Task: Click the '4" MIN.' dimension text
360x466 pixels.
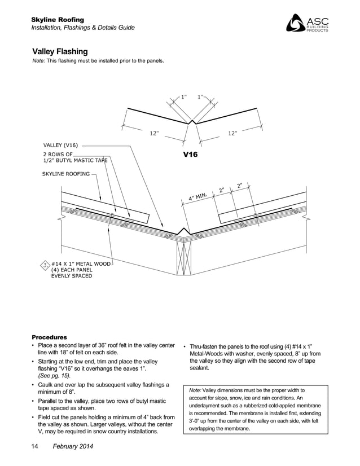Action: click(198, 197)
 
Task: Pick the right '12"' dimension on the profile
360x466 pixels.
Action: click(232, 133)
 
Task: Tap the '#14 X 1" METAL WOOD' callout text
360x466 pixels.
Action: click(81, 263)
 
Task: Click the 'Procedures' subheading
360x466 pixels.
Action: click(49, 337)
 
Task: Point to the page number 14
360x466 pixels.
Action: click(34, 447)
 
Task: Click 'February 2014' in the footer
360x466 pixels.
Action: click(73, 447)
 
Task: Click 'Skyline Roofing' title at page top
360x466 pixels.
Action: click(58, 20)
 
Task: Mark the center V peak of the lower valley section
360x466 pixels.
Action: click(182, 230)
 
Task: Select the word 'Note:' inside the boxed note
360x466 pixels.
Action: click(195, 390)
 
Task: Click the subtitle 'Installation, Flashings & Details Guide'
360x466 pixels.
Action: click(82, 28)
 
